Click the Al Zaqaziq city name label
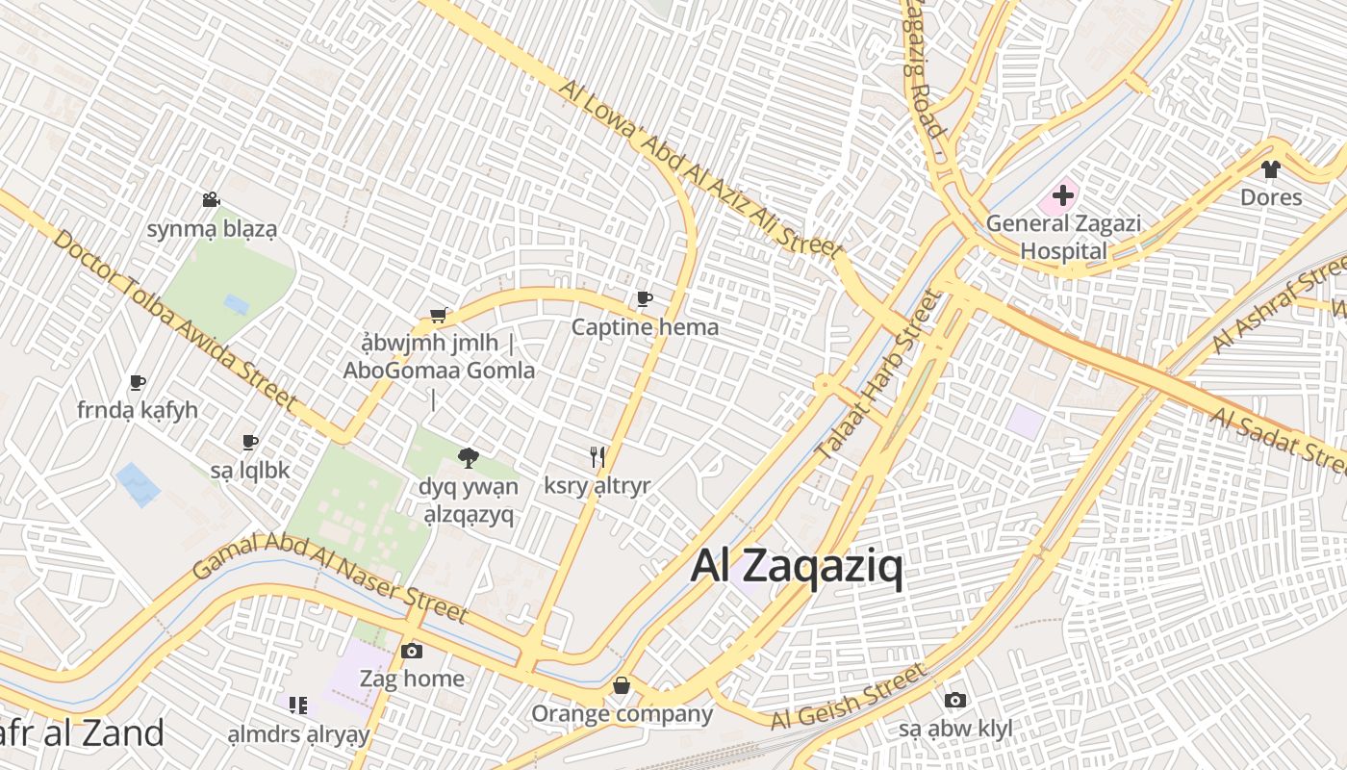pos(797,568)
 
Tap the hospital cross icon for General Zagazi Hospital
pos(1063,196)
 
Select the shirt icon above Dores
pos(1270,169)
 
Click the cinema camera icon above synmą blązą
pos(211,200)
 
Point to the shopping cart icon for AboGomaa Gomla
pos(439,315)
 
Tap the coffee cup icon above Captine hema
pos(645,299)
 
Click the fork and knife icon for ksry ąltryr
pos(597,457)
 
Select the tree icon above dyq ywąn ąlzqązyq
pos(469,457)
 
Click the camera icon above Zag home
pos(412,652)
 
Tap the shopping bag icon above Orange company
pos(622,685)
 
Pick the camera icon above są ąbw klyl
pos(954,701)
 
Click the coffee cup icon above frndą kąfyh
pos(138,382)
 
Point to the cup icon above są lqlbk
pos(250,443)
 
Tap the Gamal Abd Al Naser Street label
pos(330,578)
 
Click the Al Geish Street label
pos(847,696)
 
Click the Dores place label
pos(1270,197)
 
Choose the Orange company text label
pos(622,714)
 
